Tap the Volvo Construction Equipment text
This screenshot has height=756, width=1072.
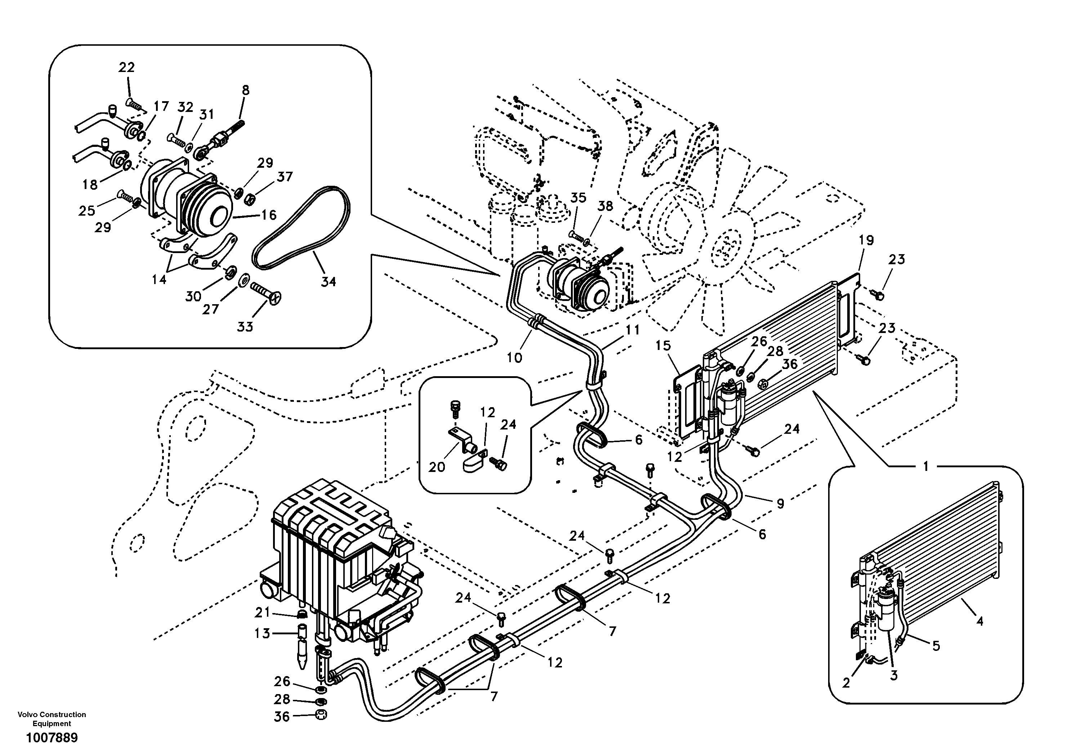52,719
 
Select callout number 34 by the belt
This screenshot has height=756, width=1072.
328,282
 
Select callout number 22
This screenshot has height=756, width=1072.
126,68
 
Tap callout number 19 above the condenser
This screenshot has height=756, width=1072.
866,241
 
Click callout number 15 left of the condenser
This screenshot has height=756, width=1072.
663,346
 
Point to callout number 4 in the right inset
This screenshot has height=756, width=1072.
979,621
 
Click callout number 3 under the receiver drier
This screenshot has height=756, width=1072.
894,689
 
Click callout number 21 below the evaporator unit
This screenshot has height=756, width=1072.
262,611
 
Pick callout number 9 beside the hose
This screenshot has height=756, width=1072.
780,504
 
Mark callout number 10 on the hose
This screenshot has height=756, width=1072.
514,358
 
